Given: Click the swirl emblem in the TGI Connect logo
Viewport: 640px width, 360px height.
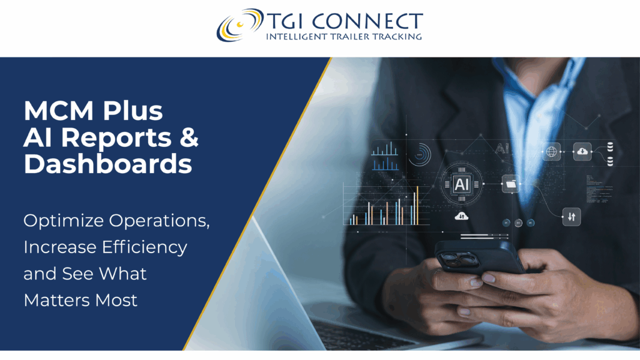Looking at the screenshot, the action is pos(239,24).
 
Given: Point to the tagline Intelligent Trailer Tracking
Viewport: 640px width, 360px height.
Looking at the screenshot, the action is pos(344,37).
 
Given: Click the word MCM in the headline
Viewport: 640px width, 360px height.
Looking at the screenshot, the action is pos(58,111).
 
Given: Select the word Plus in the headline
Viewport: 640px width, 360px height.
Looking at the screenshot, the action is pos(132,111).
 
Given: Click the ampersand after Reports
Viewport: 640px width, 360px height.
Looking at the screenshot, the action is pos(189,137).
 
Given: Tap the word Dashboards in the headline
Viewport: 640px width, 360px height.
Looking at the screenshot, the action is pos(107,164).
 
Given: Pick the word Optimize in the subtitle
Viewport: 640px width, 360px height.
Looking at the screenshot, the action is pos(64,221).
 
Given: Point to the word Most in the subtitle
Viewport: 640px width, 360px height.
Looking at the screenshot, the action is pos(116,301).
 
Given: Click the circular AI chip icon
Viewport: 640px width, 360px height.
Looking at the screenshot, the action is pos(462,184).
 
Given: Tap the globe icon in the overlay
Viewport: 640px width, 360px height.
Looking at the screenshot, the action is pos(551,152).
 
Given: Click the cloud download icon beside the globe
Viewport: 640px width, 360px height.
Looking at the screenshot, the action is pos(582,151).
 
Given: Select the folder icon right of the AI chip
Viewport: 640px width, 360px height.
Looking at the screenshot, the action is pos(511,184).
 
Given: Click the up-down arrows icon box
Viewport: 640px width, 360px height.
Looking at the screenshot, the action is pos(571,217).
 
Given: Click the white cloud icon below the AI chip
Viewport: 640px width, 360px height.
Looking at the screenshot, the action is pos(462,216).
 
